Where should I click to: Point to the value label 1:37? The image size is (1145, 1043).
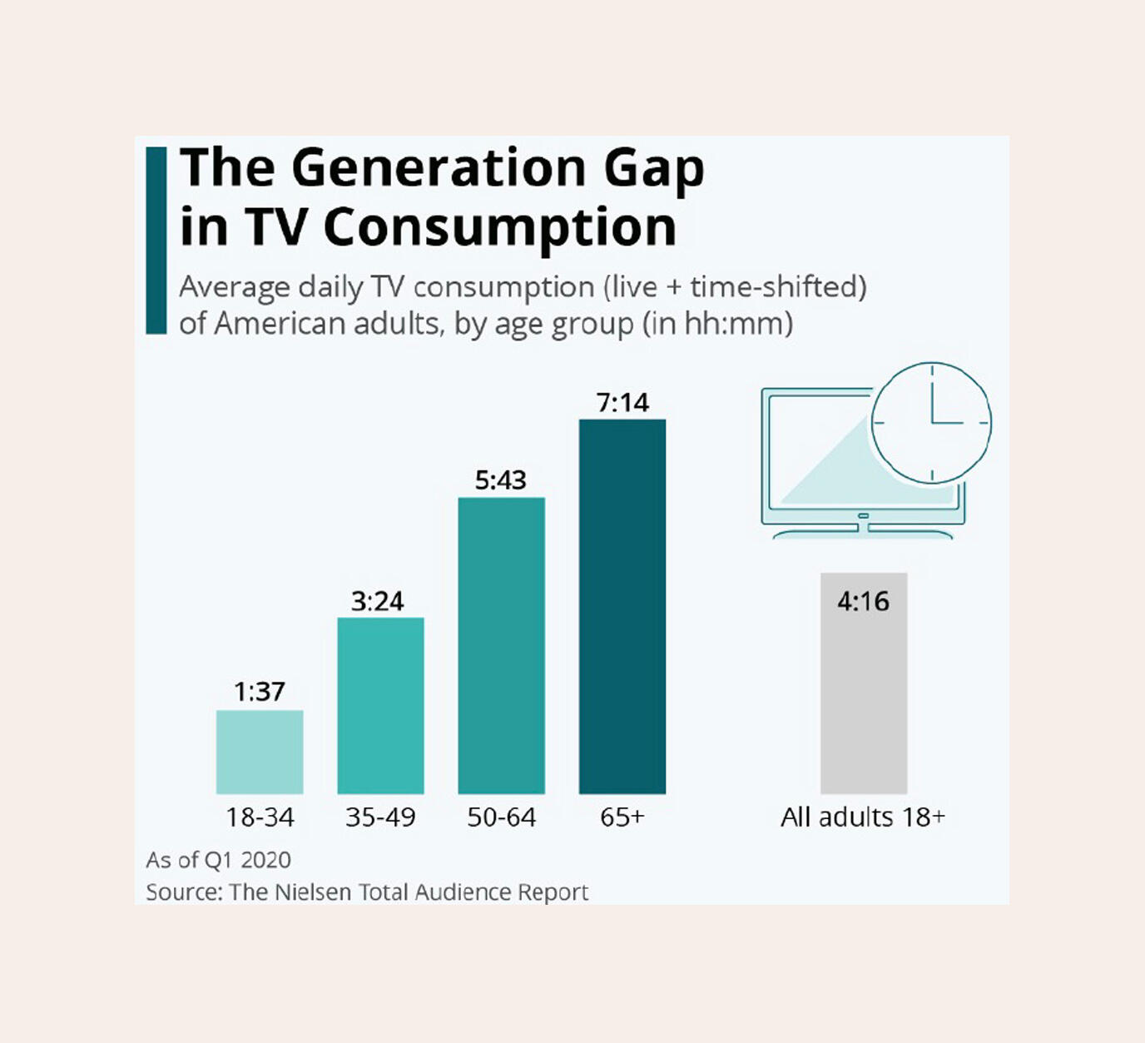260,692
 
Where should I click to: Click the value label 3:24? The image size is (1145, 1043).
377,601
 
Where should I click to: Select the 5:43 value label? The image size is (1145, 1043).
501,479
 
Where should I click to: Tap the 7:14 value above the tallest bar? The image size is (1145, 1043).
622,403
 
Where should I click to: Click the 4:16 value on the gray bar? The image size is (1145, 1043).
863,601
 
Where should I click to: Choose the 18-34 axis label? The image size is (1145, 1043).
260,817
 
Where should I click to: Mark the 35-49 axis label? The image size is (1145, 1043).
380,817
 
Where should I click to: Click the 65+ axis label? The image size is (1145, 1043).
622,817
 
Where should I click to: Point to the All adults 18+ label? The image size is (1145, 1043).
863,817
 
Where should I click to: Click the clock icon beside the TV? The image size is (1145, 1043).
931,423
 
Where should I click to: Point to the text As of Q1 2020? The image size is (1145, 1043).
219,860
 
